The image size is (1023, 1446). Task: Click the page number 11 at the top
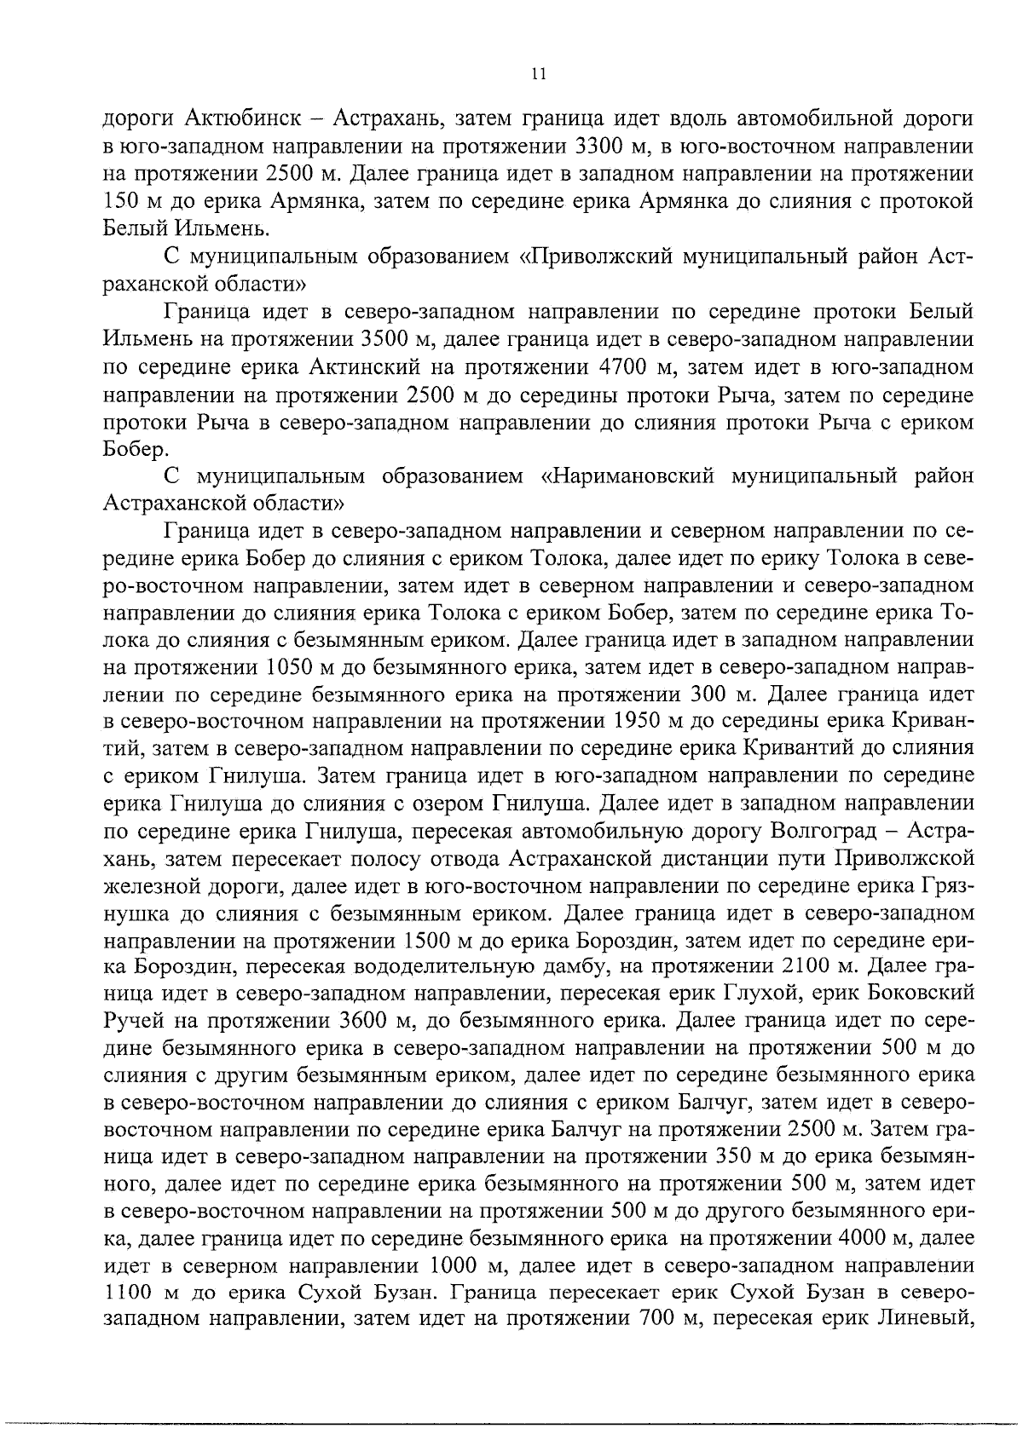tap(537, 74)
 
